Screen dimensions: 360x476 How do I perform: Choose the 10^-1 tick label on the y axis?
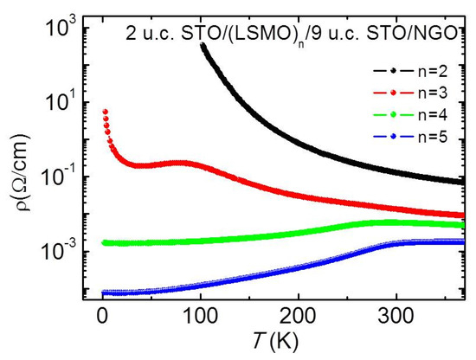(x=58, y=177)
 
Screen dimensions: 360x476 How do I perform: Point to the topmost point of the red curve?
(x=105, y=111)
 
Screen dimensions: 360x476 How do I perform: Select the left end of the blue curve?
(x=104, y=292)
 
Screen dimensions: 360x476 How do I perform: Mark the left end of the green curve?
(x=104, y=242)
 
